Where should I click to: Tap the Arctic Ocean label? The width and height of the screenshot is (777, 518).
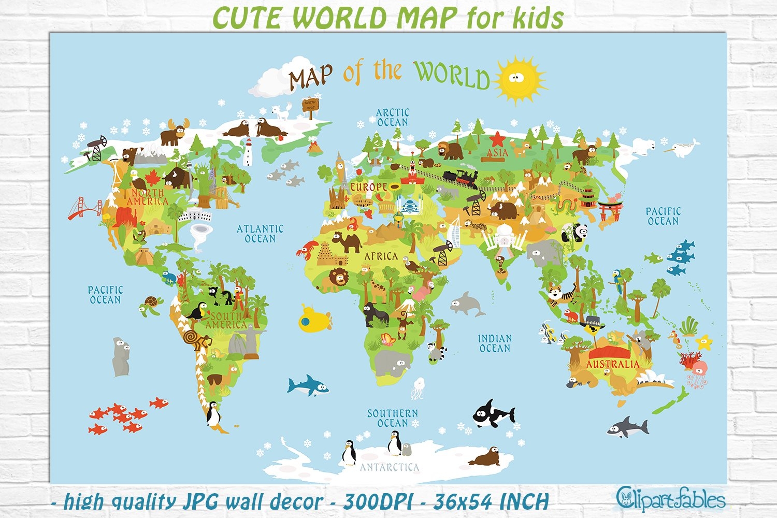[x=392, y=117]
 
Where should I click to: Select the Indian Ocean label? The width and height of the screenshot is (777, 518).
[x=495, y=343]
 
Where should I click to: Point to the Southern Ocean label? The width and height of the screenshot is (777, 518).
[x=392, y=418]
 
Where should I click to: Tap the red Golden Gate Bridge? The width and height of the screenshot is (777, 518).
[x=85, y=207]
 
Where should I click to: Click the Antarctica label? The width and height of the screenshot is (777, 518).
[x=390, y=467]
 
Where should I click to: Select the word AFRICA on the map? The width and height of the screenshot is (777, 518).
[x=381, y=256]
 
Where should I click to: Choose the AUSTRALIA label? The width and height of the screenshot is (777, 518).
[x=613, y=364]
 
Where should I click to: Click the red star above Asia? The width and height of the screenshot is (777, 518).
[x=497, y=139]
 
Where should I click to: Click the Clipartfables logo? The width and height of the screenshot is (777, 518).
[x=670, y=500]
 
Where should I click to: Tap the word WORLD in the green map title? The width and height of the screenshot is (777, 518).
[x=452, y=75]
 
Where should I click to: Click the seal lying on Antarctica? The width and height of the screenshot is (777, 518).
[x=485, y=457]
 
